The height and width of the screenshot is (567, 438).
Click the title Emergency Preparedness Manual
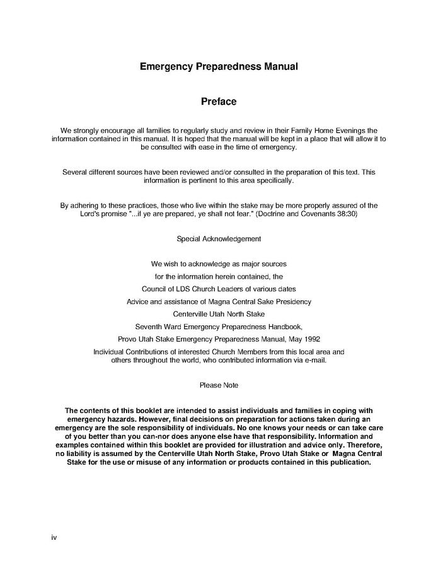coord(218,66)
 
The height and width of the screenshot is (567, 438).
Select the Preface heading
coord(218,101)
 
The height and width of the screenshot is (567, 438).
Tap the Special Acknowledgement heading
coord(219,239)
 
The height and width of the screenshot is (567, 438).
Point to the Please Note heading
coord(219,385)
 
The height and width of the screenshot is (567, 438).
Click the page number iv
coord(54,537)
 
